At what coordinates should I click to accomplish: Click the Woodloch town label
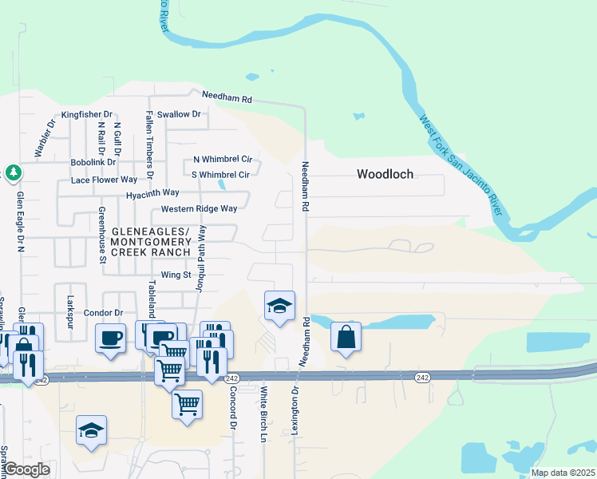click(x=385, y=174)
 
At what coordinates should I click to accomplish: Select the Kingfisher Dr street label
click(x=87, y=115)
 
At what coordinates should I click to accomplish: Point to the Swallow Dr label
click(x=179, y=115)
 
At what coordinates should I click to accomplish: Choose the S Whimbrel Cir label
click(x=220, y=175)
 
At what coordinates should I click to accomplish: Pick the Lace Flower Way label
click(x=104, y=180)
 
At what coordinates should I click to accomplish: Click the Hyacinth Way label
click(x=152, y=194)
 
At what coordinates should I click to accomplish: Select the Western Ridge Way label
click(x=199, y=209)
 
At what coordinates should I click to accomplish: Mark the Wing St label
click(x=173, y=275)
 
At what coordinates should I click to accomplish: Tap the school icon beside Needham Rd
click(x=279, y=306)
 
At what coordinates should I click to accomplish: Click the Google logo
click(x=26, y=470)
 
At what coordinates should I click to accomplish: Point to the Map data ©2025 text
click(x=563, y=473)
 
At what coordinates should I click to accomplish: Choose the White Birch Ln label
click(x=263, y=415)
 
